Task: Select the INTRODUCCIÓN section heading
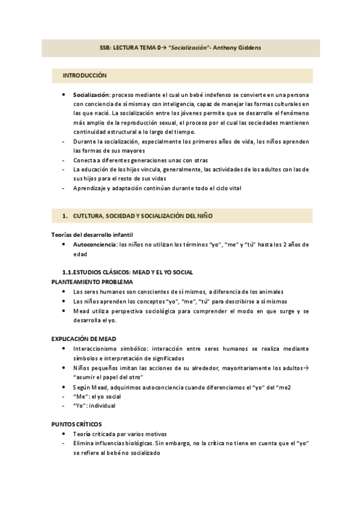click(x=84, y=76)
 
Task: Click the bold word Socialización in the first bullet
click(x=91, y=95)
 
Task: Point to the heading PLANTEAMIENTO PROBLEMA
click(x=92, y=282)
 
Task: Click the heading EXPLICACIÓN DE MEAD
click(x=84, y=339)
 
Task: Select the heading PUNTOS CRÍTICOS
click(x=76, y=424)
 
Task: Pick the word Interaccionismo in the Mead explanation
click(x=97, y=349)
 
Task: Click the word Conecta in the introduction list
click(x=84, y=161)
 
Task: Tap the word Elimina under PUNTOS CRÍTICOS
click(x=84, y=443)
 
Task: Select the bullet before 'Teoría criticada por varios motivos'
click(x=64, y=434)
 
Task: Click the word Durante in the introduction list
click(x=85, y=141)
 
